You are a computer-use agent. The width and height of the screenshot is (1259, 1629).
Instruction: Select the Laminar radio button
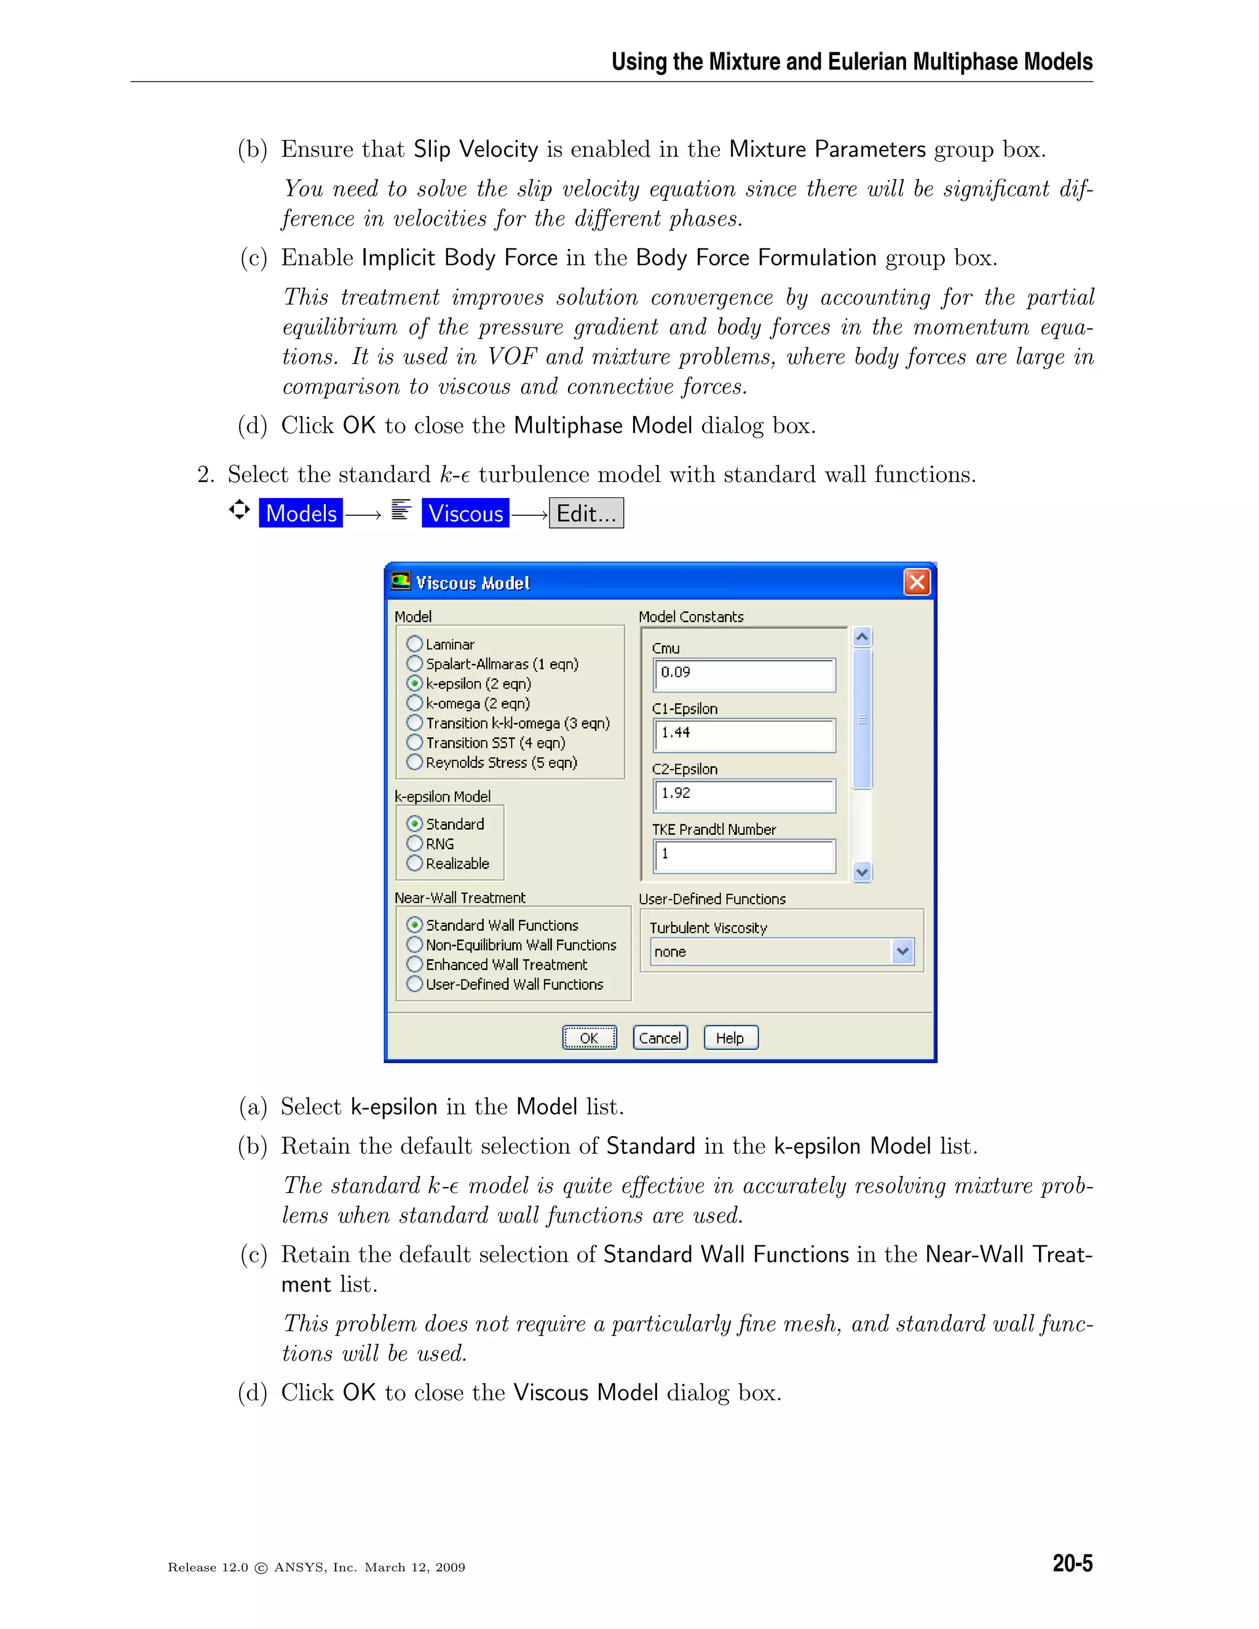pyautogui.click(x=415, y=644)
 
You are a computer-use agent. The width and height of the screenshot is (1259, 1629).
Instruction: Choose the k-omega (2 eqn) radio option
pyautogui.click(x=415, y=703)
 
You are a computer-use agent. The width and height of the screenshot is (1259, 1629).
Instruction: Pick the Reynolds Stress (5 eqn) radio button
pyautogui.click(x=415, y=762)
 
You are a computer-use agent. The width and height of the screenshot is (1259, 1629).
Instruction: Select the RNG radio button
pyautogui.click(x=415, y=843)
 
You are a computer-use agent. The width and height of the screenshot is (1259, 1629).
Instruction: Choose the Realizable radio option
pyautogui.click(x=415, y=863)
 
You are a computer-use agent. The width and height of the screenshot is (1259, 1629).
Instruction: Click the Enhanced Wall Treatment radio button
pyautogui.click(x=415, y=964)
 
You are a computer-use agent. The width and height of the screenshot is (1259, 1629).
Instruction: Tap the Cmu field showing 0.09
pyautogui.click(x=744, y=674)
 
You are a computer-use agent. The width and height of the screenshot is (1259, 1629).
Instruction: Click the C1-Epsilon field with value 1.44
pyautogui.click(x=744, y=735)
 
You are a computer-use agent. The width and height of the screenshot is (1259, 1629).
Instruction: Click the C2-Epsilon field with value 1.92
pyautogui.click(x=744, y=795)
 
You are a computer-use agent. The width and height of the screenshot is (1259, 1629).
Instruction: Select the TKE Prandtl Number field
pyautogui.click(x=744, y=856)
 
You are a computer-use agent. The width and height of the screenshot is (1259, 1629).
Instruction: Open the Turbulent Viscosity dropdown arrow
pyautogui.click(x=902, y=952)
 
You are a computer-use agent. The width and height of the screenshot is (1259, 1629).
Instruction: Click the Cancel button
pyautogui.click(x=660, y=1038)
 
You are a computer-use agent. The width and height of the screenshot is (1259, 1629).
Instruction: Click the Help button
pyautogui.click(x=730, y=1038)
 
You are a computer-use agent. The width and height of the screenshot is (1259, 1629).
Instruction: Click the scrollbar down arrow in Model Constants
pyautogui.click(x=862, y=872)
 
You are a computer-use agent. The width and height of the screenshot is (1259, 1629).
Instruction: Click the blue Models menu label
pyautogui.click(x=301, y=513)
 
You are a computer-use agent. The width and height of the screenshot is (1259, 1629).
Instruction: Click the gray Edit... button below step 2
pyautogui.click(x=586, y=513)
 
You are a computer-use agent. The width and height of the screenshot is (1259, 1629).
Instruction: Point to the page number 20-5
pyautogui.click(x=1072, y=1563)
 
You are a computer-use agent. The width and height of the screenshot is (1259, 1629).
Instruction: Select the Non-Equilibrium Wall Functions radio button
pyautogui.click(x=415, y=944)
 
